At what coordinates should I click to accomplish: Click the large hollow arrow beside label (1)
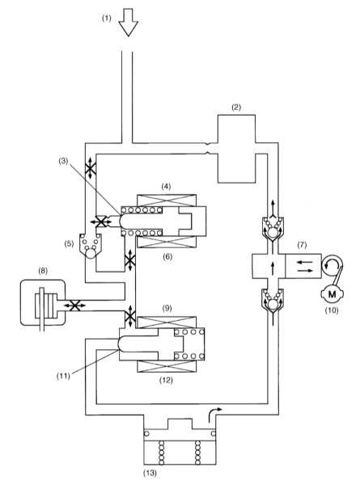(128, 23)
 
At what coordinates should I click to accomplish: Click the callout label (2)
(236, 108)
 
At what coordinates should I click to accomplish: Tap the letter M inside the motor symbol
(332, 294)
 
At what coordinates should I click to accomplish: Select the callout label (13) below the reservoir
(150, 473)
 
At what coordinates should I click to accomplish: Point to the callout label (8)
(43, 271)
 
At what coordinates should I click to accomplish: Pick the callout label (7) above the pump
(302, 245)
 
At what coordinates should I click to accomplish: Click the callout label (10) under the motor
(332, 310)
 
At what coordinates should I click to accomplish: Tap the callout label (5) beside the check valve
(69, 243)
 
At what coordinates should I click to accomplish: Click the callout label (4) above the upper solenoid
(166, 187)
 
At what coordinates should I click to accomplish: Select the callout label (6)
(167, 256)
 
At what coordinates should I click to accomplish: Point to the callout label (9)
(167, 309)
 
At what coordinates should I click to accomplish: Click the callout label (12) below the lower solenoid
(166, 380)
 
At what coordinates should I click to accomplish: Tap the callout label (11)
(63, 377)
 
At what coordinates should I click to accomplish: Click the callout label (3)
(63, 161)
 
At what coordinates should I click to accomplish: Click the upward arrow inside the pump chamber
(273, 268)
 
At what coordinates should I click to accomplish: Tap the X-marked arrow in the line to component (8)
(74, 306)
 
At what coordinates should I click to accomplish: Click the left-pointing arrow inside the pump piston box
(303, 262)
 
